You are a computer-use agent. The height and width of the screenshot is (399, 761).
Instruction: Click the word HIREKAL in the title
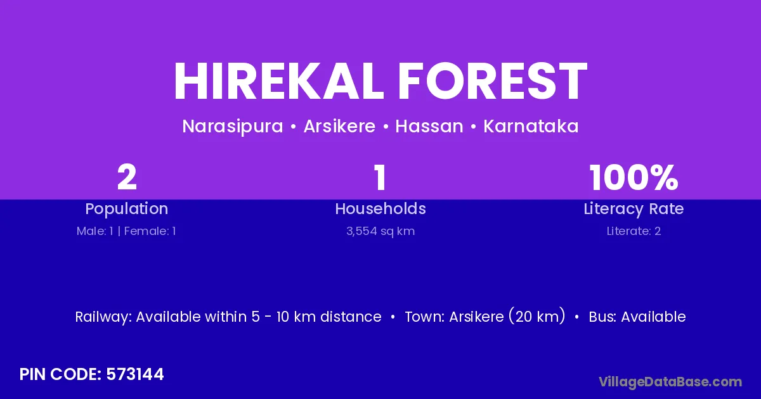(278, 81)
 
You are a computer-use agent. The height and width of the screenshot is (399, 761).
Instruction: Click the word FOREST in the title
(493, 81)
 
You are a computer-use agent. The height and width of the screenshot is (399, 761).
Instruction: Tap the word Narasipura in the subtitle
(233, 127)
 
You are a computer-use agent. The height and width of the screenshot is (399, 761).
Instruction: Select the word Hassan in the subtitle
(429, 126)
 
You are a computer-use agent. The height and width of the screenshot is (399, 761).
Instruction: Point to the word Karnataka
(531, 126)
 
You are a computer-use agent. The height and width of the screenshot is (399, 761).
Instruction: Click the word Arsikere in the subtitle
(339, 126)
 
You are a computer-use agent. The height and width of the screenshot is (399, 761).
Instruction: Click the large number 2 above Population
(127, 177)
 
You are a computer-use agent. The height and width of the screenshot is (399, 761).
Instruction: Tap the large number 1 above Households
(380, 177)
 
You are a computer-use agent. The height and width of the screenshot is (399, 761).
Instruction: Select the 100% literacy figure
(634, 177)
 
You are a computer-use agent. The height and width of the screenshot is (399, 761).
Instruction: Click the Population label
(127, 209)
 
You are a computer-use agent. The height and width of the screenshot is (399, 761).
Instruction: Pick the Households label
(380, 208)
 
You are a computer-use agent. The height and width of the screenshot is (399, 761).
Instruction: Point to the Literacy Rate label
(634, 209)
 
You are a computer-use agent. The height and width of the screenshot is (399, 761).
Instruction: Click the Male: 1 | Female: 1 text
(126, 231)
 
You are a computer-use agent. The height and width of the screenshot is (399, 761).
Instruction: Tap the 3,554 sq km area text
(380, 231)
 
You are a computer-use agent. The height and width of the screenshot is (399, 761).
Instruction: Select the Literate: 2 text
(634, 231)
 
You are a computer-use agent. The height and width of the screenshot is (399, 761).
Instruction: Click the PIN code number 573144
(135, 374)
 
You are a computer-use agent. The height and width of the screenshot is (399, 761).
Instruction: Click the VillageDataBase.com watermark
(670, 383)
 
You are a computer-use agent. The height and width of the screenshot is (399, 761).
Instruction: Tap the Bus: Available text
(637, 317)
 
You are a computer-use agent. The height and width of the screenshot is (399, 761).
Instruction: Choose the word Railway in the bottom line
(103, 317)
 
